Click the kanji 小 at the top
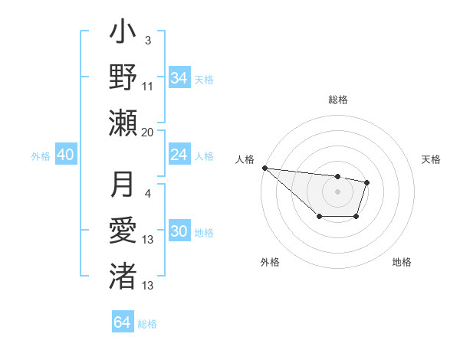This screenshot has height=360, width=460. coord(123,35)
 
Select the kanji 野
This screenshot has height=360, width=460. coord(123,77)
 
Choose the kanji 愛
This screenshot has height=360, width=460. coord(123,230)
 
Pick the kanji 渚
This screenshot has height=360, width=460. coord(123,273)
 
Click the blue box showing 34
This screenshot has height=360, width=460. coord(179,77)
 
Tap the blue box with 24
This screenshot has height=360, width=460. coord(179,155)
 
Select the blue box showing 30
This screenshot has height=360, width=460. coord(179,232)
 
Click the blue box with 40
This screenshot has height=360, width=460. coord(65,155)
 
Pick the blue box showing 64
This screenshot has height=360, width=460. coord(122,322)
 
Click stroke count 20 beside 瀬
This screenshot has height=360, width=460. coord(148,132)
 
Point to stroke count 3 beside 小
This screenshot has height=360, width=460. coord(148,41)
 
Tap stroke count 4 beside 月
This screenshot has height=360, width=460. coord(148,194)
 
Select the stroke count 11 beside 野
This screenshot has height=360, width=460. coord(148,87)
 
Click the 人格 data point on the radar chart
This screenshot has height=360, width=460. coord(264,168)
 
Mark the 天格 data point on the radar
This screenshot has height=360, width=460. coord(367,182)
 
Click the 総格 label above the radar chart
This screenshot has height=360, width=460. coord(337,100)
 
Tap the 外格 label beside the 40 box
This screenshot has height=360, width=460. coord(41,156)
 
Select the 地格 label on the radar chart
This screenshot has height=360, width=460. coord(402,263)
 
